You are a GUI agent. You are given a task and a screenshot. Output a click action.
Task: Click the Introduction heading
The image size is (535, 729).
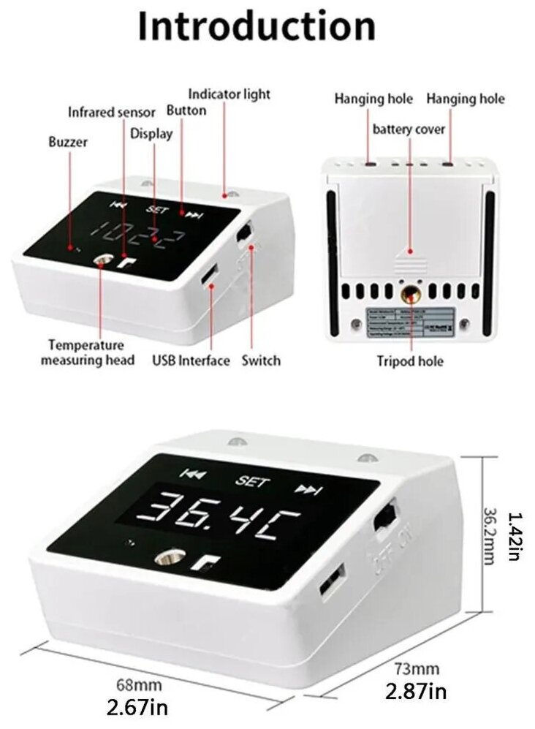(x=257, y=27)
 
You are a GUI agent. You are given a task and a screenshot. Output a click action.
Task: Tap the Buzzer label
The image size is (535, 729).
(x=68, y=142)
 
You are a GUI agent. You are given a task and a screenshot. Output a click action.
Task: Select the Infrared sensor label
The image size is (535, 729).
(x=112, y=113)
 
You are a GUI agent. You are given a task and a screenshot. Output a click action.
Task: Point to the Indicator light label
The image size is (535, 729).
(x=229, y=94)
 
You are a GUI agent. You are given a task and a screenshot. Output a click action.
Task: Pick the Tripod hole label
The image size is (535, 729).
(x=410, y=360)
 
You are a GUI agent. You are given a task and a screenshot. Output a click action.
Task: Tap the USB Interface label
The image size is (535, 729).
(x=191, y=360)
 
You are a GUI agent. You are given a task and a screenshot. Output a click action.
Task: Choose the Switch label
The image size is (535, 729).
(x=261, y=360)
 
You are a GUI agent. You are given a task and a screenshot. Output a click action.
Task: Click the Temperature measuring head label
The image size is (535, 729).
(x=88, y=352)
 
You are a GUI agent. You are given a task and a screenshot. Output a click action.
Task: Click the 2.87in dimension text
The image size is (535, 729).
(x=415, y=691)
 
